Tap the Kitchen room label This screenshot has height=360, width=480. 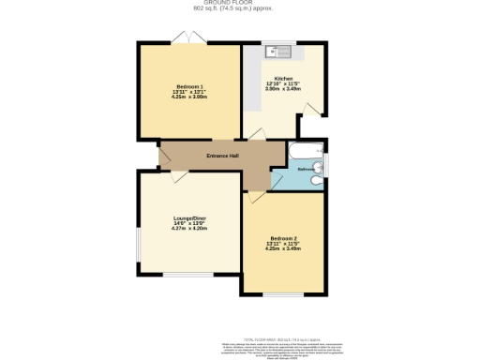coord(283,79)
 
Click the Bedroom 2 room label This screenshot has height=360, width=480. coord(283,237)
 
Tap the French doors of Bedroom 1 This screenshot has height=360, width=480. coord(189,38)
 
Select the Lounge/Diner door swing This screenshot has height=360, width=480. coord(176,176)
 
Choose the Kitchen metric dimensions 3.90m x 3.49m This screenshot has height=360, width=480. coord(283,90)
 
